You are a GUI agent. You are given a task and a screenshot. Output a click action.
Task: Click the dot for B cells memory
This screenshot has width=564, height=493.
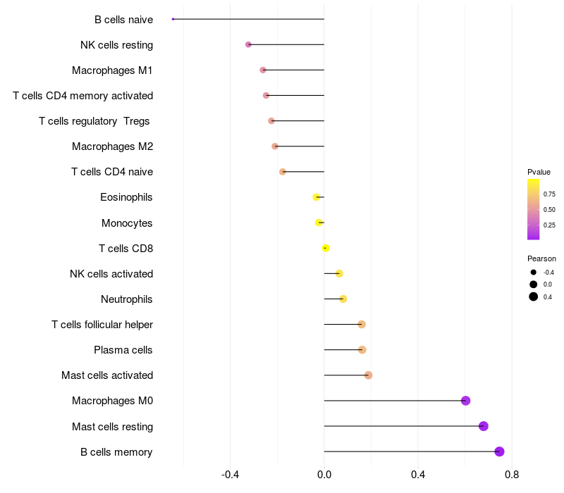coord(499,451)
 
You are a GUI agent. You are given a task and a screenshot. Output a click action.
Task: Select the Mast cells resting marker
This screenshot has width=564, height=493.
coord(483,426)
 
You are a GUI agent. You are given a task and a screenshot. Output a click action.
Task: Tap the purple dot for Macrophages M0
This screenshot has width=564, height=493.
coord(465,401)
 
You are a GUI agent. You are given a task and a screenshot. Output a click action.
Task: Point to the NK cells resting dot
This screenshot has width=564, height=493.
coord(248,44)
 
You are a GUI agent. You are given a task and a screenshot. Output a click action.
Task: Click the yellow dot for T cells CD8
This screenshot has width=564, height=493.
coord(326,248)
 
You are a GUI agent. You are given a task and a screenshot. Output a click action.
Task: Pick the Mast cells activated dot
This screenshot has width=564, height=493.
coord(368,375)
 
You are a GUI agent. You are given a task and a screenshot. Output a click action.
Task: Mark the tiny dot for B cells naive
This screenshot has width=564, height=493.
coord(173,19)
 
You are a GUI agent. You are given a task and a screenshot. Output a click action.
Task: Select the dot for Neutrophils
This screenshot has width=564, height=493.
coord(343,299)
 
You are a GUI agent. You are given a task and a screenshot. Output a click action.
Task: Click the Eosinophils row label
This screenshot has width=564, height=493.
coord(126,197)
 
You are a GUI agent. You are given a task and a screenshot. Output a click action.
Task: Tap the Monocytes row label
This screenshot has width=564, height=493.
coord(127,223)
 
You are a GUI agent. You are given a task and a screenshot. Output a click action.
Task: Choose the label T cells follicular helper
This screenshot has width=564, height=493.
coord(102,325)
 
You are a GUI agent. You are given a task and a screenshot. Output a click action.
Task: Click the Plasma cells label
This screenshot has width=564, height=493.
coord(123,350)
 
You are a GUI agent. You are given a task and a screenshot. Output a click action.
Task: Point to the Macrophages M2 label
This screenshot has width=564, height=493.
coord(112,146)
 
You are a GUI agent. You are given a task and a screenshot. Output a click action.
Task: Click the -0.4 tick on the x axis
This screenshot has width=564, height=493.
coord(231,475)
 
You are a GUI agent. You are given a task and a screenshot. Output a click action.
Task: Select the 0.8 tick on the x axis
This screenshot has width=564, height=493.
coord(512,475)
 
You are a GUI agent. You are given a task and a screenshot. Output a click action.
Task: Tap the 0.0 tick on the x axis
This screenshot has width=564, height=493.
coord(324,475)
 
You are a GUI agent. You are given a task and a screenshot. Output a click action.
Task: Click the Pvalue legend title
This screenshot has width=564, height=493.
coord(539,172)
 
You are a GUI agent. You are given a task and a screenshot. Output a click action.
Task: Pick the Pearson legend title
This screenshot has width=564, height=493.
coord(541,258)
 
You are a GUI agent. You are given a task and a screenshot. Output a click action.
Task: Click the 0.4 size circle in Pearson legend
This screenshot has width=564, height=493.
coord(534,297)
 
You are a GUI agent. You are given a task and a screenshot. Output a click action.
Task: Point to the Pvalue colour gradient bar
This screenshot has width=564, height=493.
coord(533,209)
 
